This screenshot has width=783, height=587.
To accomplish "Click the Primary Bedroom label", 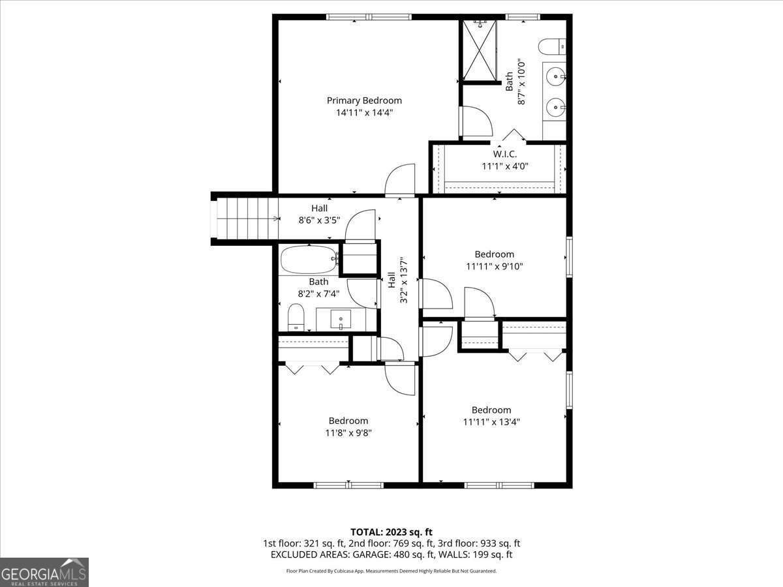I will point(364,100).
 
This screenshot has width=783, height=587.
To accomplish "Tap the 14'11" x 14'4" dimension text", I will point(364,112).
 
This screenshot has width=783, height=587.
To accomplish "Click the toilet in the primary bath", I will point(551,46).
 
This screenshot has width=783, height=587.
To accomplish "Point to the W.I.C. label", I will point(504,155).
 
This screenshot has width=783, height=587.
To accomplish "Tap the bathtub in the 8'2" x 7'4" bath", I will point(308,260).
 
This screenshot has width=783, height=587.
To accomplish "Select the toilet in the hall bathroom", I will point(296,318).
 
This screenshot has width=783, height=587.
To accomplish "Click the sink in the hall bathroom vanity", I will point(341,320).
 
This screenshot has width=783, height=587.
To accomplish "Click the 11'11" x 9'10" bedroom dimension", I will point(494,266).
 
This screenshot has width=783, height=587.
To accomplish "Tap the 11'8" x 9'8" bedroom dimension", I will point(348,432).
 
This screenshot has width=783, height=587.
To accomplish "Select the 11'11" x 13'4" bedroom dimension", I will point(491,421).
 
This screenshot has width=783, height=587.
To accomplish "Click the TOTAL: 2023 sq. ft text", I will point(391,532).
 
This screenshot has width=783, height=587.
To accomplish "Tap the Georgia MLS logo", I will point(44,572).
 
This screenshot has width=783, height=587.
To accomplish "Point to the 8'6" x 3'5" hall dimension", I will point(319,220).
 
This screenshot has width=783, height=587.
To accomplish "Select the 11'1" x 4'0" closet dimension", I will point(504,166).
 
